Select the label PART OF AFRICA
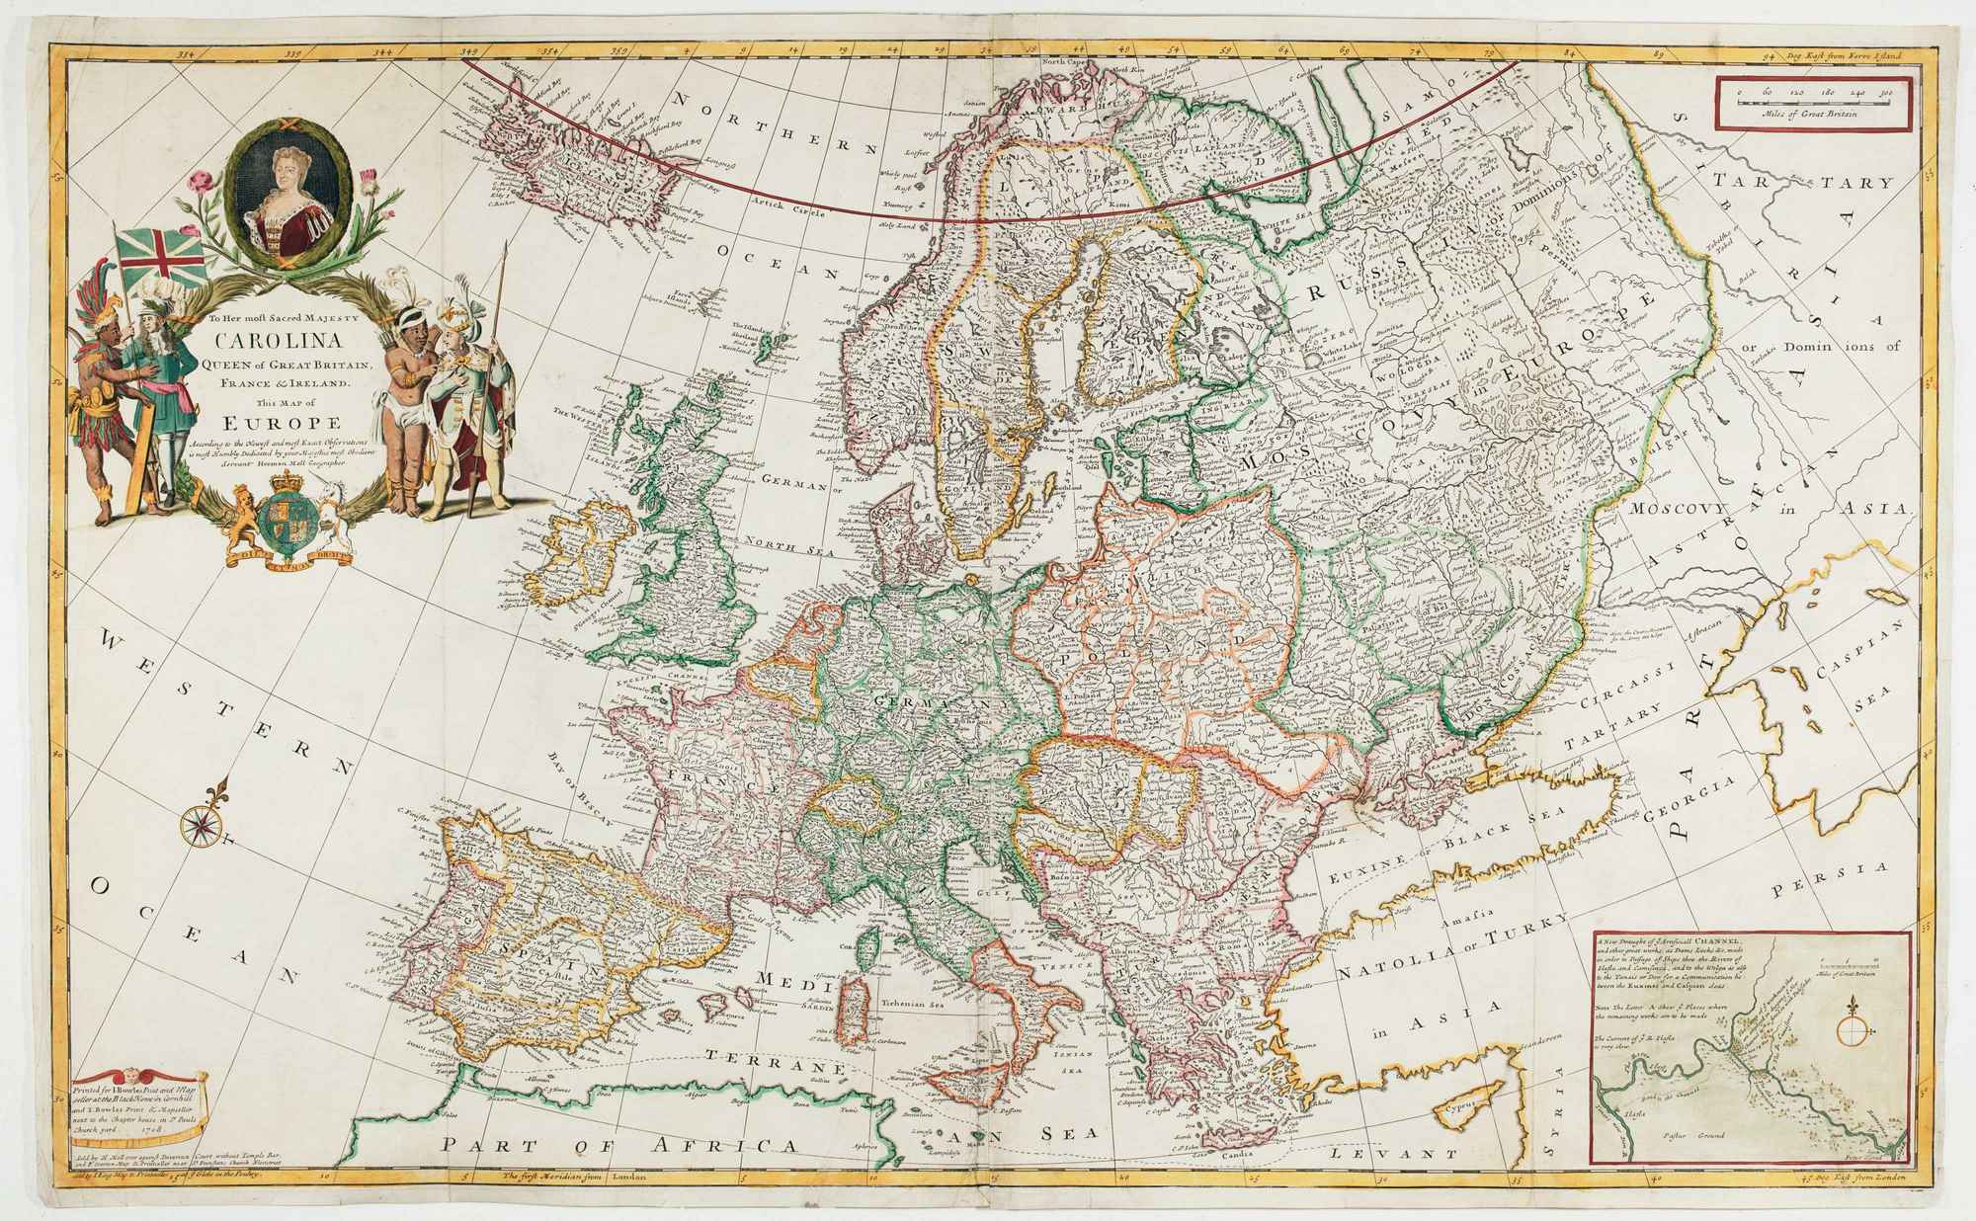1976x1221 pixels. click(x=619, y=1146)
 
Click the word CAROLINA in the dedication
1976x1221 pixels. click(x=280, y=345)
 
